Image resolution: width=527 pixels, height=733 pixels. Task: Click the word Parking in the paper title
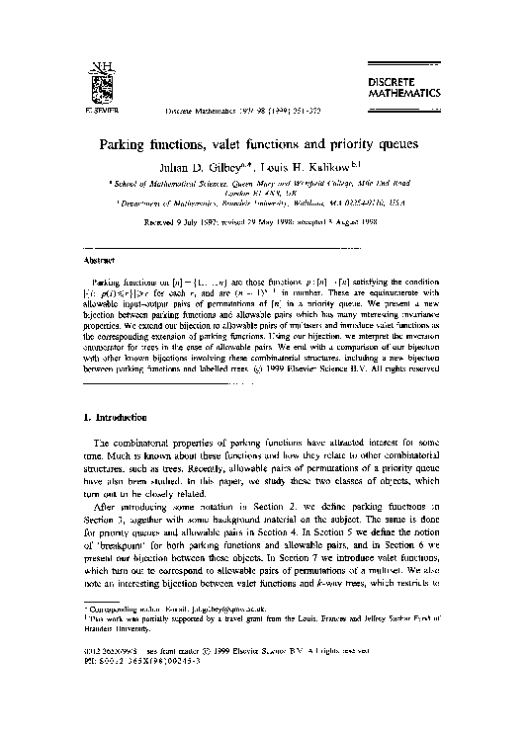pos(132,144)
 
